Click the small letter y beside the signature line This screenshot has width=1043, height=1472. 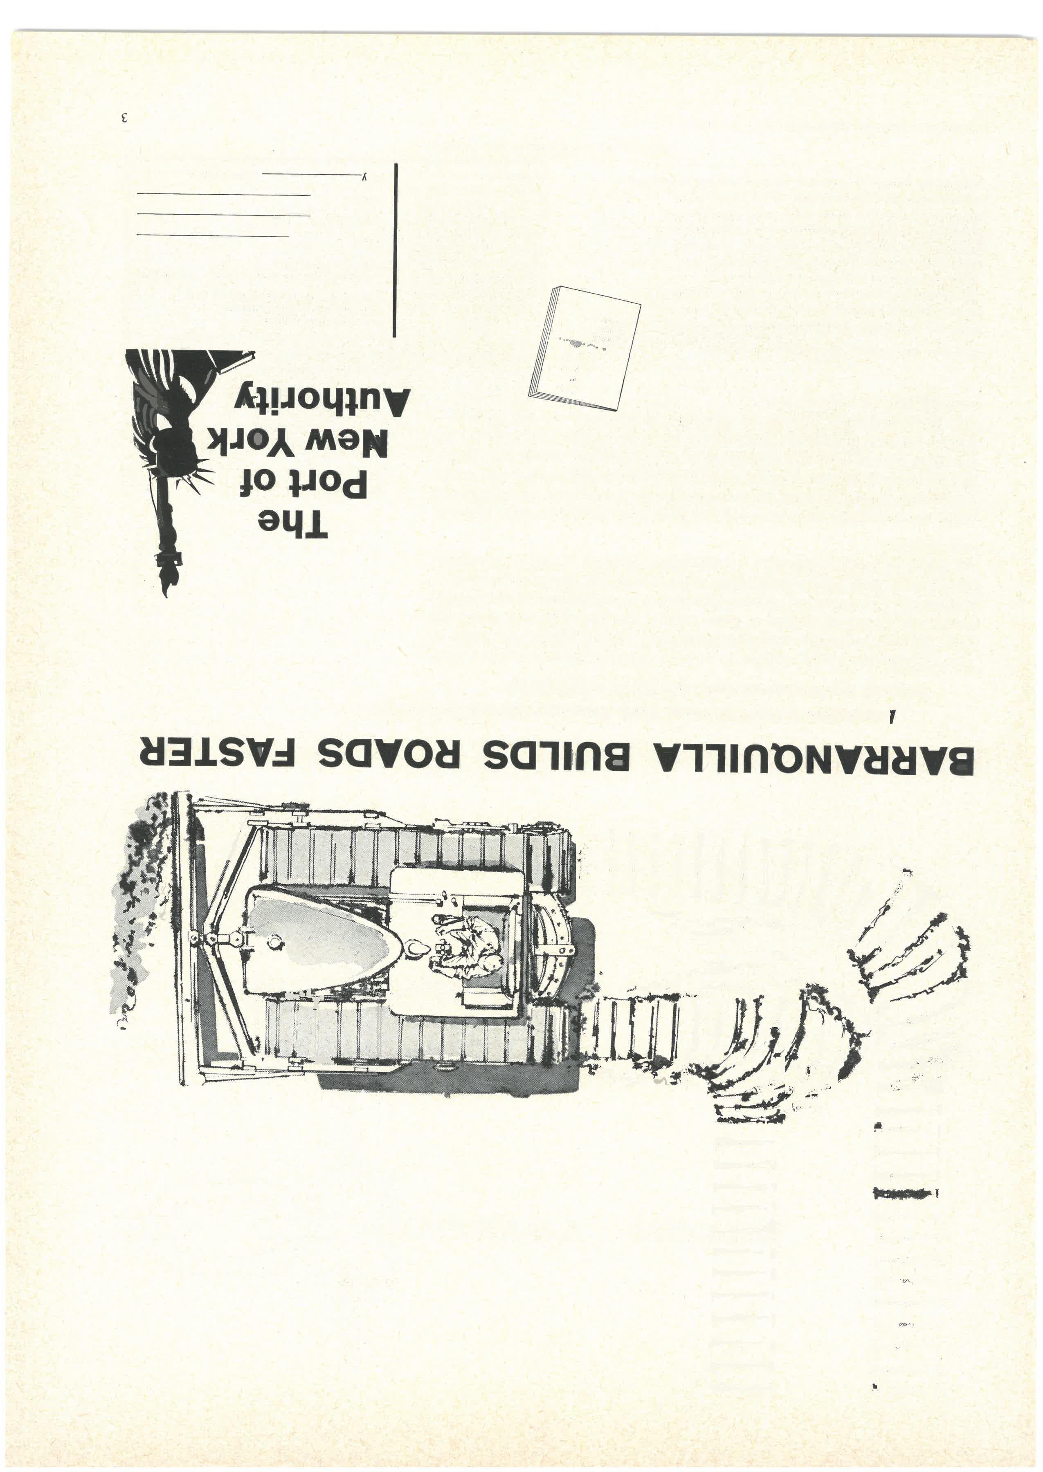click(x=364, y=177)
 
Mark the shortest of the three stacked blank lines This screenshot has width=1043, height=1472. click(x=212, y=236)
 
